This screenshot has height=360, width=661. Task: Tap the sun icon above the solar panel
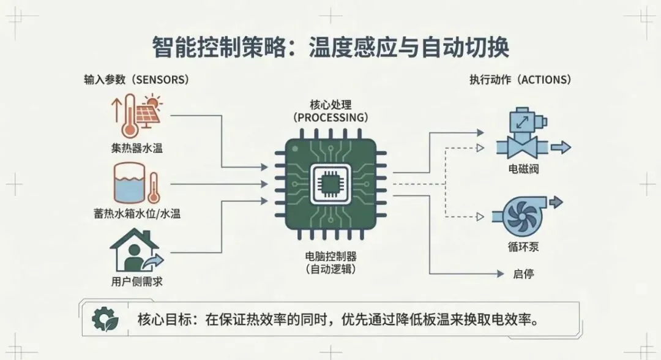(151, 100)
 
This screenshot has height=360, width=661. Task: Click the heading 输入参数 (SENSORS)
(136, 80)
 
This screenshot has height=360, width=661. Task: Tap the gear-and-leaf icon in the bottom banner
(103, 318)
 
